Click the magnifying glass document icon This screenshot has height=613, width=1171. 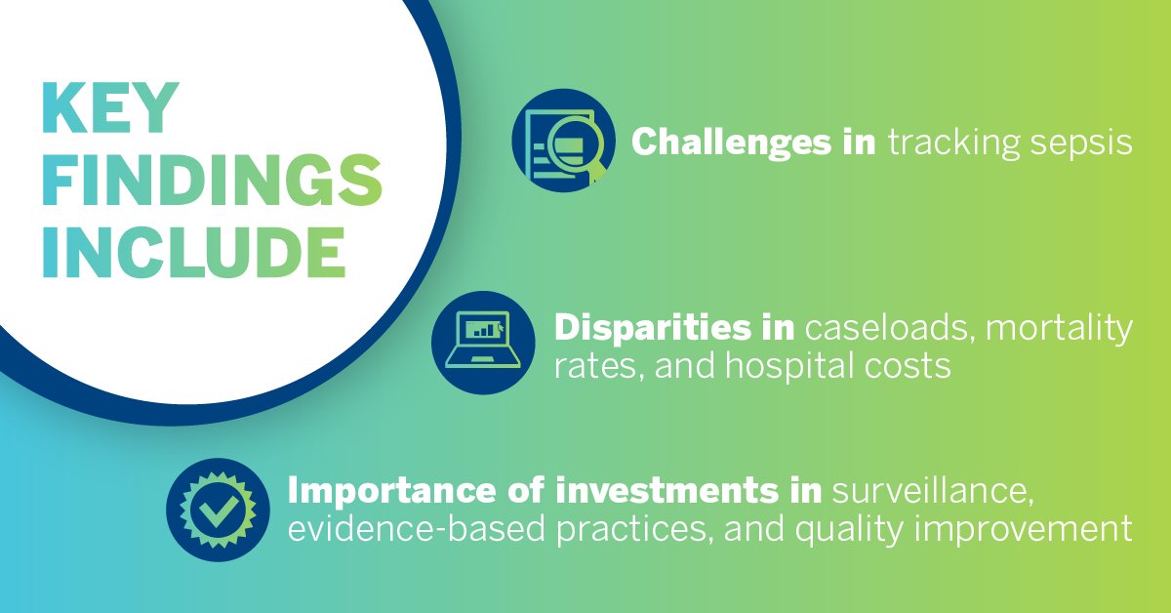564,142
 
